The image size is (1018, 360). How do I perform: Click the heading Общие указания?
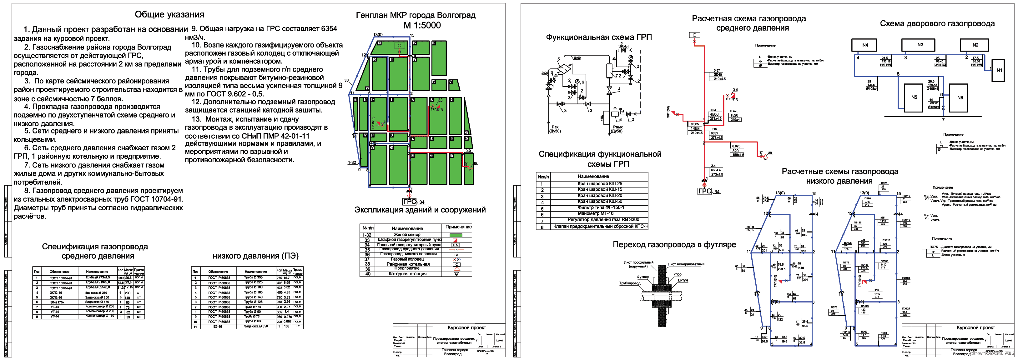point(169,15)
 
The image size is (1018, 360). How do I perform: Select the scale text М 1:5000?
point(422,25)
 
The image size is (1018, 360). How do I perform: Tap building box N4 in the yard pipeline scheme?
point(865,45)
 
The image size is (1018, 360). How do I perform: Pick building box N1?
point(999,70)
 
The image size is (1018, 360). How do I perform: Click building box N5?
point(914,97)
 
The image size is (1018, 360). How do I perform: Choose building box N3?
point(920,45)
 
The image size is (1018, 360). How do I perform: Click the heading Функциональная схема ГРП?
point(599,37)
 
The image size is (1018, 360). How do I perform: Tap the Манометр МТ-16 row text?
point(596,213)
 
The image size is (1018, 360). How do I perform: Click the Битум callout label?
point(683,280)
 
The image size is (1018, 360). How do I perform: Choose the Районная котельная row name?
point(408,264)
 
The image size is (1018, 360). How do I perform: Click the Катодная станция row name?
point(407,274)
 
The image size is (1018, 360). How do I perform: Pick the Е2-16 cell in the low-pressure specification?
point(218,327)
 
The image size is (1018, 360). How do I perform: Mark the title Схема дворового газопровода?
point(937,24)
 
